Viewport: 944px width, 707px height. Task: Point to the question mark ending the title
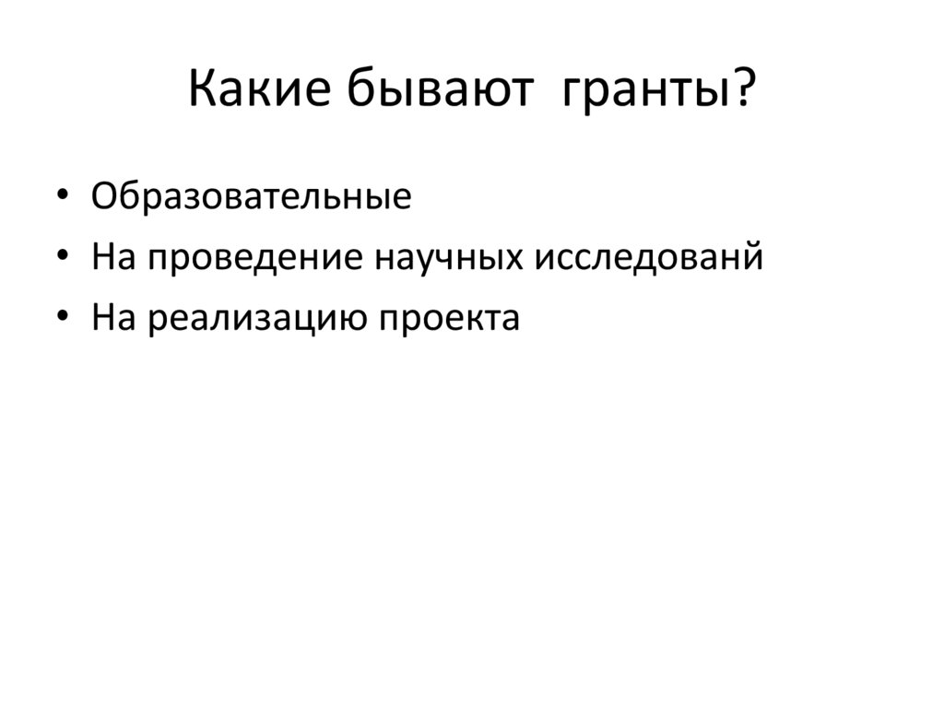tap(743, 93)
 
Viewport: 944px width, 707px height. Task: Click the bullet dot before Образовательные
tap(62, 198)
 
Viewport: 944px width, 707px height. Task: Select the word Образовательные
tap(252, 198)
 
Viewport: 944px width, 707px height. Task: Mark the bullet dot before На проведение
tap(62, 258)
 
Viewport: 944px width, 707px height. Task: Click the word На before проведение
tap(113, 258)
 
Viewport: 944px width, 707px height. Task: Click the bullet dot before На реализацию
tap(62, 318)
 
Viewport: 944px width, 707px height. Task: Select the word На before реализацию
tap(113, 318)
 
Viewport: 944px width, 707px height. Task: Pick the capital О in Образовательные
tap(104, 198)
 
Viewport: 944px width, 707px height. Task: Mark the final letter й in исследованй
tap(753, 256)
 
